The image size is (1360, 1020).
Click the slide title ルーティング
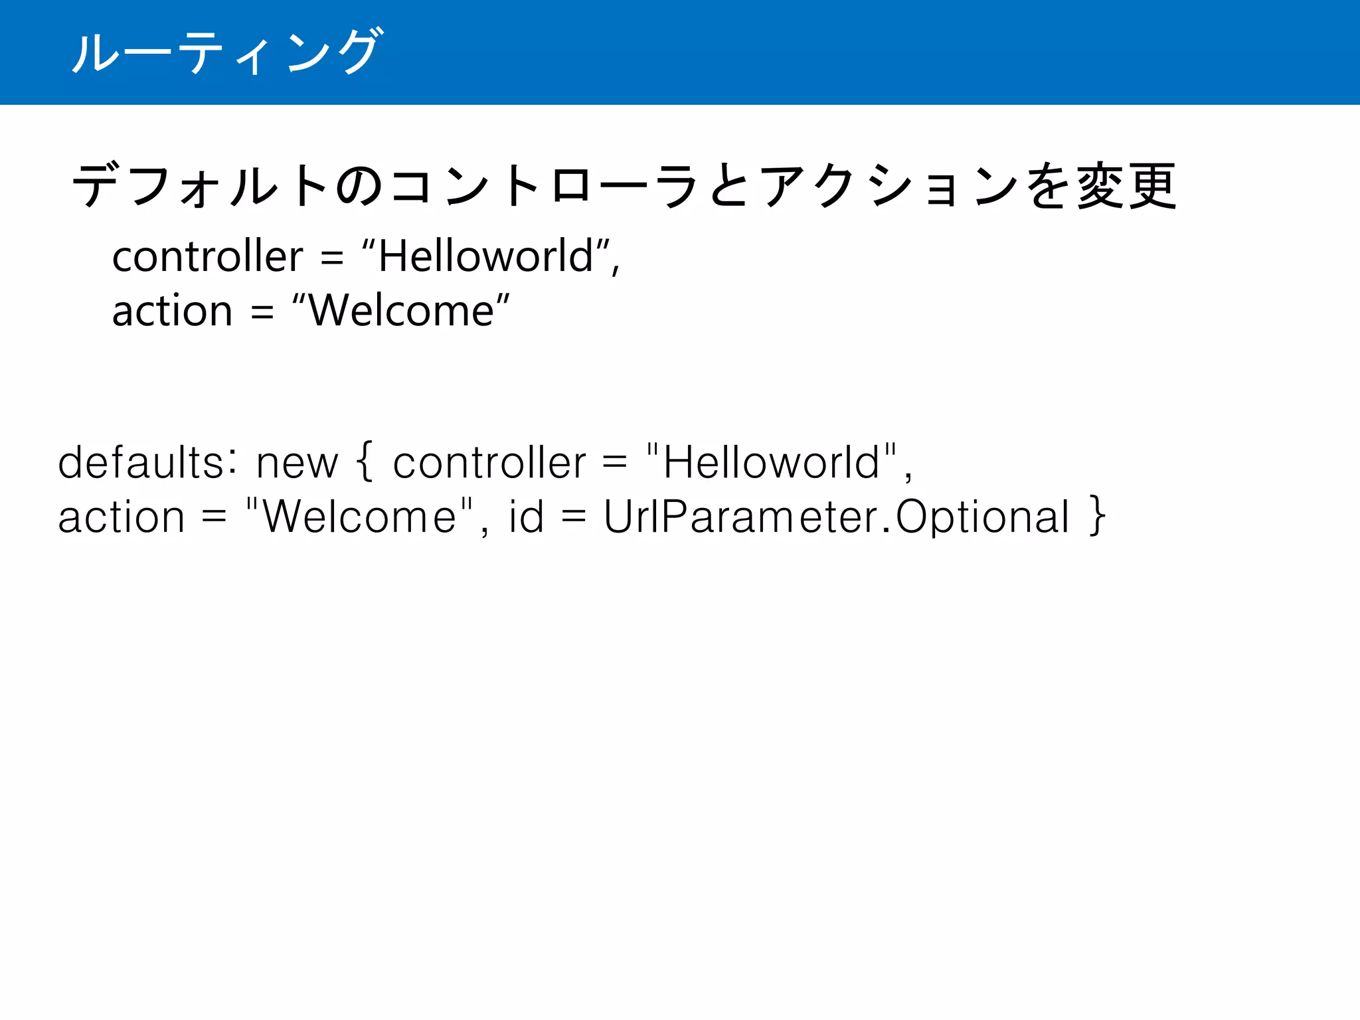point(226,52)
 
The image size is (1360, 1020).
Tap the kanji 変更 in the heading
point(1127,187)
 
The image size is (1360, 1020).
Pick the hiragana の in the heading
point(359,187)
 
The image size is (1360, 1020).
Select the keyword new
point(297,464)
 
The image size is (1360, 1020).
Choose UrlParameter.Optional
point(836,517)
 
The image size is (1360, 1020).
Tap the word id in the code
point(526,516)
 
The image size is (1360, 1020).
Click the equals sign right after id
point(573,517)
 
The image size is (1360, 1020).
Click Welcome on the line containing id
point(359,517)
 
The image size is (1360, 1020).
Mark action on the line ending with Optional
point(121,517)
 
